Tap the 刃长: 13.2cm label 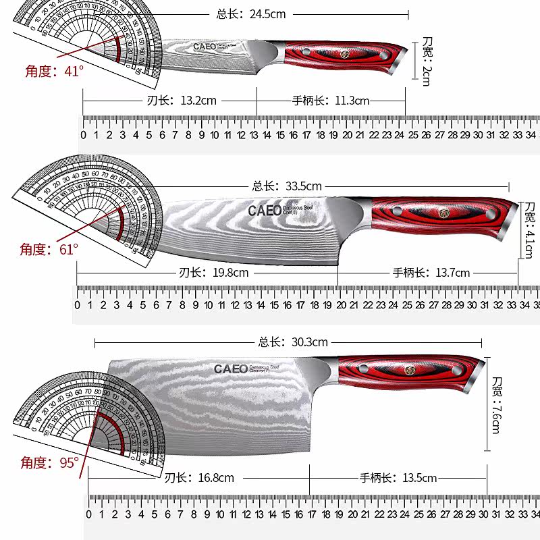(x=182, y=101)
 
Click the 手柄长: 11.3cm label (x=331, y=101)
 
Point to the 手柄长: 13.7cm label (x=431, y=273)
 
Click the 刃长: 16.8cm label (x=199, y=478)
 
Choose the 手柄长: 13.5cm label (x=398, y=478)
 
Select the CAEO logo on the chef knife (x=264, y=211)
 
